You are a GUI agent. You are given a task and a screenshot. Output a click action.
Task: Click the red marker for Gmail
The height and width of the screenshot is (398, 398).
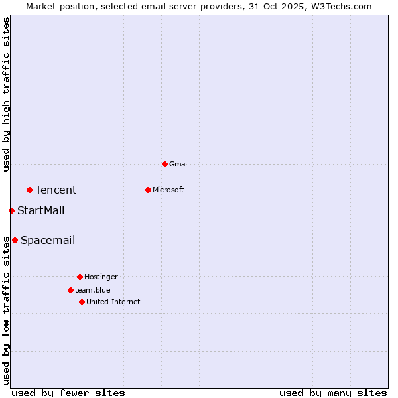pos(165,164)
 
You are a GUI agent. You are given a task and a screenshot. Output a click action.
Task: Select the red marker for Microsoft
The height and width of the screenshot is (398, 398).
pos(148,190)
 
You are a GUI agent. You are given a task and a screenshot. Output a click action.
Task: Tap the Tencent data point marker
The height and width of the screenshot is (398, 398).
pos(29,190)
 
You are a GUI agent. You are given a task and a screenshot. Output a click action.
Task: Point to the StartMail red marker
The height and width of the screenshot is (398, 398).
pos(11,210)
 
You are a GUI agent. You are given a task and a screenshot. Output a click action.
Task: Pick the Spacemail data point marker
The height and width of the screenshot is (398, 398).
pos(15,240)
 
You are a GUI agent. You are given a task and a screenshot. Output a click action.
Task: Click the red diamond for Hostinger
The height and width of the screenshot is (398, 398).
pos(80,277)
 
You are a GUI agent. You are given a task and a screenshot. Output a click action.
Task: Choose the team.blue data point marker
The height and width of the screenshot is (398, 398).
pos(70,290)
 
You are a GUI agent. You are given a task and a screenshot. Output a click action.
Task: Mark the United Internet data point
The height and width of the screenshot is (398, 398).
pos(82,302)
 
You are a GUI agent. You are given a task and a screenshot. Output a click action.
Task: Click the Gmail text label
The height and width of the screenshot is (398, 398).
pos(179,164)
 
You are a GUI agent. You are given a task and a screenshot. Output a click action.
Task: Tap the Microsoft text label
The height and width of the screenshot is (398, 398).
pos(168,190)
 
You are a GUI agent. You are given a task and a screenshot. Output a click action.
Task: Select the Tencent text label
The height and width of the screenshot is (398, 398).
pos(56,190)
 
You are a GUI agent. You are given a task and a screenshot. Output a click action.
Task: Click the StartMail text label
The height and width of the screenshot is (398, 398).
pos(40,211)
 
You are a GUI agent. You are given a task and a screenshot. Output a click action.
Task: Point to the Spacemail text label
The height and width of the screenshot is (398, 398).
pos(48,241)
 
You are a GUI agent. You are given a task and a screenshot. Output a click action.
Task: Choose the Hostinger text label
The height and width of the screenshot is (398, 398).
pos(101,277)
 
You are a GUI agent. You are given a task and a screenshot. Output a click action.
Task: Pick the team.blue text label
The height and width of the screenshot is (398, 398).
pos(92,290)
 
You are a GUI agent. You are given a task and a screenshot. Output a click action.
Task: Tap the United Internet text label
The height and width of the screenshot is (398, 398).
pos(113,302)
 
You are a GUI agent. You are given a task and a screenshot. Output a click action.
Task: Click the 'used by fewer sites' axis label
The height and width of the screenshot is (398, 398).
pos(68,393)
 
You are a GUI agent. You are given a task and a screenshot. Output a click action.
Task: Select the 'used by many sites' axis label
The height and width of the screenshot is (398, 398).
pos(333,393)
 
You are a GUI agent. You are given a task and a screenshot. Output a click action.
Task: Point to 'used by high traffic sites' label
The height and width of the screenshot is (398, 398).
pos(6,94)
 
